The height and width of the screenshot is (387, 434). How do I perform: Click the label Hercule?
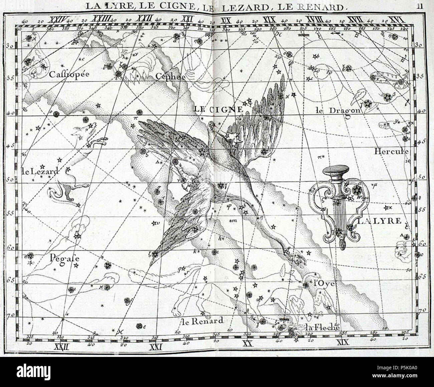tap(392, 151)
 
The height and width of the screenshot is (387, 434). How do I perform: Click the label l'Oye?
tap(323, 283)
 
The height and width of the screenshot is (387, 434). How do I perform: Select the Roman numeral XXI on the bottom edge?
tap(156, 348)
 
